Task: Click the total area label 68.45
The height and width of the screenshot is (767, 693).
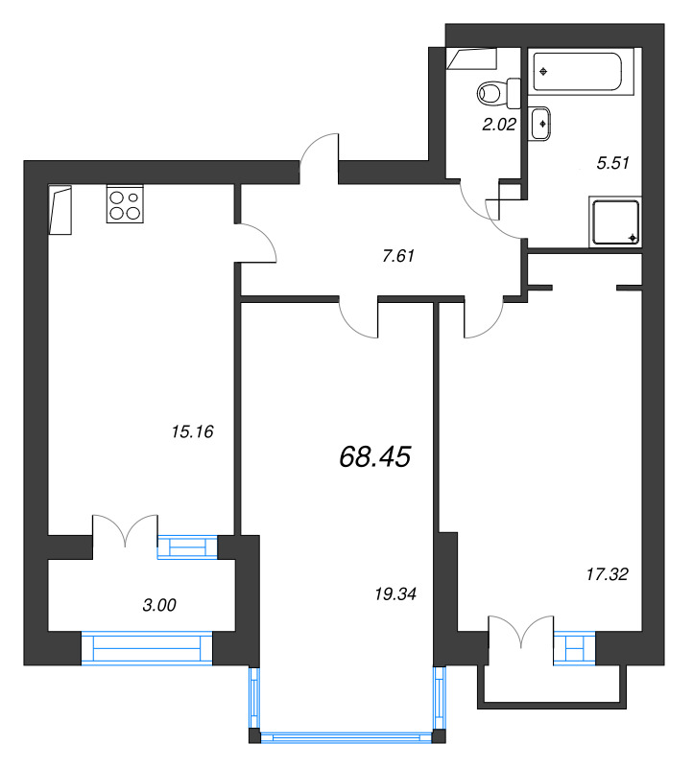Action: tap(374, 457)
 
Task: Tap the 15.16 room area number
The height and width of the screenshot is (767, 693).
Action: tap(191, 431)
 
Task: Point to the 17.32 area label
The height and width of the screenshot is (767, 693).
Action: tap(607, 573)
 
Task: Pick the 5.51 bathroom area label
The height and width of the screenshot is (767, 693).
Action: tap(611, 163)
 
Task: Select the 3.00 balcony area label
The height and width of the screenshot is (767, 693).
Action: tap(159, 605)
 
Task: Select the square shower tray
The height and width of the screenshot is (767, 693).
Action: tap(614, 222)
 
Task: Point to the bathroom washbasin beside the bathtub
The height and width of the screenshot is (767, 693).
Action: tap(541, 124)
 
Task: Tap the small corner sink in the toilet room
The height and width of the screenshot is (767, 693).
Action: tap(472, 58)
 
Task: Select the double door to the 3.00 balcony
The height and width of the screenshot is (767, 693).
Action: tap(124, 532)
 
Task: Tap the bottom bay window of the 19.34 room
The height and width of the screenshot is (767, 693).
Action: tap(350, 737)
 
